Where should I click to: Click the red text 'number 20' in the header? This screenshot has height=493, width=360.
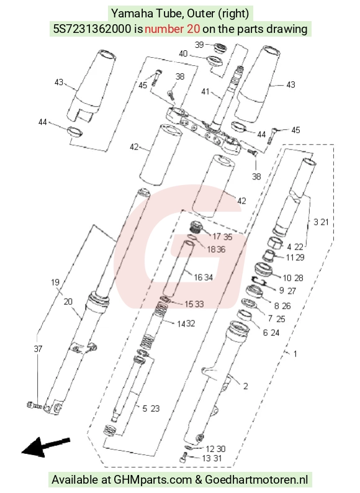tap(172, 29)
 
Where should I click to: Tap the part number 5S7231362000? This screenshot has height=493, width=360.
tap(92, 29)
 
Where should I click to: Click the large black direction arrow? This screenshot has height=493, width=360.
tap(46, 446)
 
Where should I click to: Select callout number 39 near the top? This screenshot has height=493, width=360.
tap(199, 45)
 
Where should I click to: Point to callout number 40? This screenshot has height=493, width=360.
tap(183, 54)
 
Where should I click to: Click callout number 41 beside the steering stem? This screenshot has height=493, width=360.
tap(205, 91)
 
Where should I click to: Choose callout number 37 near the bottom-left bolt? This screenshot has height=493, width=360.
tap(38, 349)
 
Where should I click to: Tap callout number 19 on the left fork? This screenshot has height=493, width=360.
tap(55, 283)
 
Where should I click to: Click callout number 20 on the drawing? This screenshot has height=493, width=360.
tap(68, 302)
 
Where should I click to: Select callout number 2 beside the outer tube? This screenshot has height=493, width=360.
tap(246, 386)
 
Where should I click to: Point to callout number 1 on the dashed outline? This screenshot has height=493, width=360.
tap(295, 354)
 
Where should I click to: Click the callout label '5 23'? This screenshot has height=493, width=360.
tap(151, 409)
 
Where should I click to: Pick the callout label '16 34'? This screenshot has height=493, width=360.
tap(204, 278)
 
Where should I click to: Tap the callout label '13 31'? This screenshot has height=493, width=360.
tap(212, 458)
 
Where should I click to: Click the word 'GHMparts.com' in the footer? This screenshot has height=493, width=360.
tap(153, 480)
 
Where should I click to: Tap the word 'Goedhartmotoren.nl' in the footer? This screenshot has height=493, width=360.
tap(256, 480)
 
